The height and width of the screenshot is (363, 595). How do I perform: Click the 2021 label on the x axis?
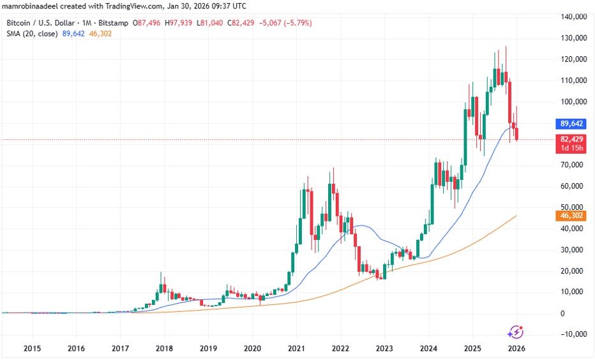tap(296, 349)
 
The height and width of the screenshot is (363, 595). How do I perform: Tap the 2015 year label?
tap(32, 349)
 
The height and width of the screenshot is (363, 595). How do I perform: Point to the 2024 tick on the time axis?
tap(428, 349)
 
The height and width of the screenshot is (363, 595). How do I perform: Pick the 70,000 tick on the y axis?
tap(573, 165)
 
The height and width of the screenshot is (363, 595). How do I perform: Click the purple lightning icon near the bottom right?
tap(515, 332)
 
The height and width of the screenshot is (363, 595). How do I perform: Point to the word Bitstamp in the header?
tap(113, 23)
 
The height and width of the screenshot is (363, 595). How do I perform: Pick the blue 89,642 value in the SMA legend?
tap(72, 34)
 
